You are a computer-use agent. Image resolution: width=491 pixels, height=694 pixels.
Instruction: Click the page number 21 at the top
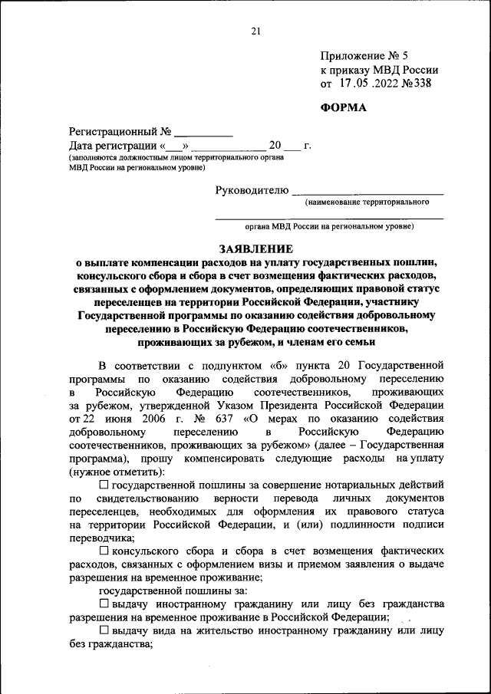(255, 31)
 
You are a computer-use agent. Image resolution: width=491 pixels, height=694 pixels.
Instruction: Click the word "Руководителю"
(252, 189)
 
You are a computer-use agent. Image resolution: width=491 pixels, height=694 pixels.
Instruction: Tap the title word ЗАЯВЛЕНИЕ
(255, 248)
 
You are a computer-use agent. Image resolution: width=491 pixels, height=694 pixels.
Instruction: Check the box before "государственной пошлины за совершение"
(104, 485)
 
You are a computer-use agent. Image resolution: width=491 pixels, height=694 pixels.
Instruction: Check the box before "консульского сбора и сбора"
(104, 551)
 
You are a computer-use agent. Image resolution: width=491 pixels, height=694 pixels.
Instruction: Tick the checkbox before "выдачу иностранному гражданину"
(104, 604)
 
